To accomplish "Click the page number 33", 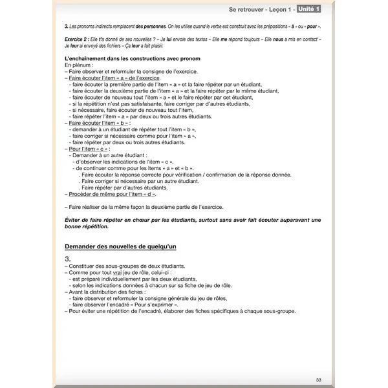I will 318,380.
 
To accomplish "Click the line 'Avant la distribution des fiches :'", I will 107,292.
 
